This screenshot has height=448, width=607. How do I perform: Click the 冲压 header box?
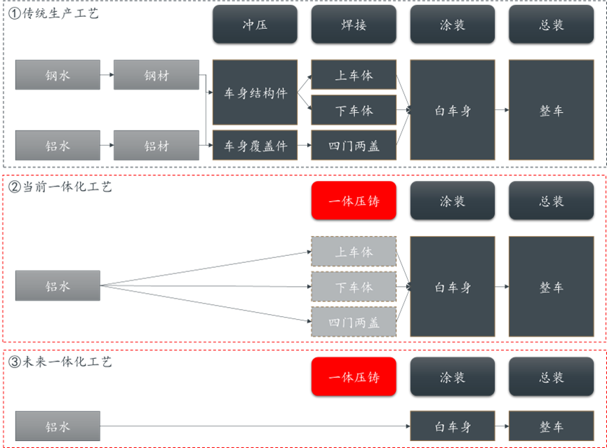point(255,25)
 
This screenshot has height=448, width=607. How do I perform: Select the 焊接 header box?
point(354,25)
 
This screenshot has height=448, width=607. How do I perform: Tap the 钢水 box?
point(58,75)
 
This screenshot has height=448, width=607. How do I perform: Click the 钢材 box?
point(156,75)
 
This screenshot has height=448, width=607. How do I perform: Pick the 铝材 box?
point(156,146)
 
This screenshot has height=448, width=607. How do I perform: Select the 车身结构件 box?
point(255,93)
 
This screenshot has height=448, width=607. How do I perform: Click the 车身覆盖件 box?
point(255,146)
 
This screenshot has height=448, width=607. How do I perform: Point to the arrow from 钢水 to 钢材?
point(107,75)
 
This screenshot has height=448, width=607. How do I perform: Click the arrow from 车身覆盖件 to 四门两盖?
point(304,146)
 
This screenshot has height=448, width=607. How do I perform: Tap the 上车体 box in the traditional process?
point(354,75)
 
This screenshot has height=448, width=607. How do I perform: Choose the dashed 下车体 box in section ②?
point(354,287)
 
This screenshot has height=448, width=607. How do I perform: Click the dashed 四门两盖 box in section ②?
point(354,323)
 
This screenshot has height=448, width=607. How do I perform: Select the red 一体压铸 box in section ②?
point(354,201)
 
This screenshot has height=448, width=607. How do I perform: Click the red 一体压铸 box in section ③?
point(354,376)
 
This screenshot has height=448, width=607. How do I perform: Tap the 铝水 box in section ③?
point(58,426)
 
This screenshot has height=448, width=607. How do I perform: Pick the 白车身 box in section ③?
point(453,426)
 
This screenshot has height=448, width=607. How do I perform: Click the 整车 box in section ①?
point(551,110)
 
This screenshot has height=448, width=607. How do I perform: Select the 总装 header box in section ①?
point(551,25)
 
